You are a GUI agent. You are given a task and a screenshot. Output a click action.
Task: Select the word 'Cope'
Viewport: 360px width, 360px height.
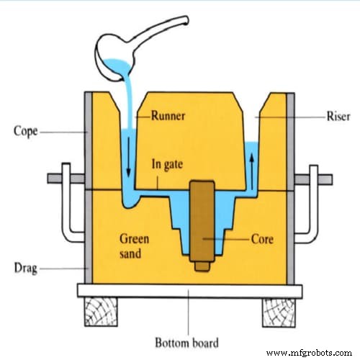point(26,131)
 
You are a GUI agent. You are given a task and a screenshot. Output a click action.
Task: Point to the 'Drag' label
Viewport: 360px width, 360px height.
point(26,269)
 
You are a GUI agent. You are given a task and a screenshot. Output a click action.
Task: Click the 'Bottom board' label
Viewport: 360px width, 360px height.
point(189,341)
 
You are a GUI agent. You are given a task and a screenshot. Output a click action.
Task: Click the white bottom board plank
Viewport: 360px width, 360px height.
point(187,290)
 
